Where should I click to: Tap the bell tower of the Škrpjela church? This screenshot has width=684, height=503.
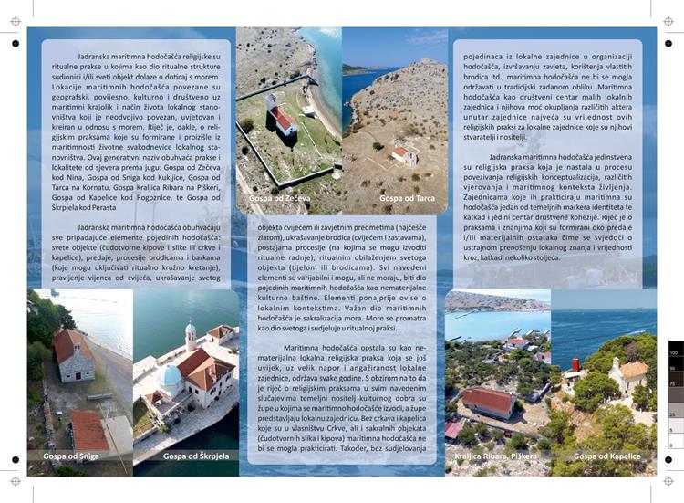click(x=191, y=336)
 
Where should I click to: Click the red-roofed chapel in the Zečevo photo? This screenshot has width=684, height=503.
click(x=282, y=118)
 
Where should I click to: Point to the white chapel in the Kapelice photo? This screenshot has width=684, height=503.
click(x=630, y=374)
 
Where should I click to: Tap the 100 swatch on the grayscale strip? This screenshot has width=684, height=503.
click(x=675, y=352)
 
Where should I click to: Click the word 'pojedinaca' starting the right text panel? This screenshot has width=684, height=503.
click(x=483, y=56)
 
